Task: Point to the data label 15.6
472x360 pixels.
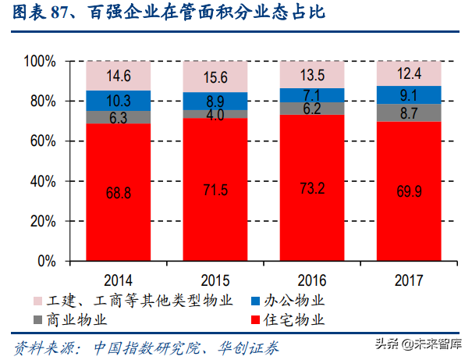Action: tap(215, 77)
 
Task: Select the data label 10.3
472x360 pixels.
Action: tap(118, 100)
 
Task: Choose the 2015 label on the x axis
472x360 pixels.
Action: tap(215, 278)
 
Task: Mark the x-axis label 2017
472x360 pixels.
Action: tap(409, 278)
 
